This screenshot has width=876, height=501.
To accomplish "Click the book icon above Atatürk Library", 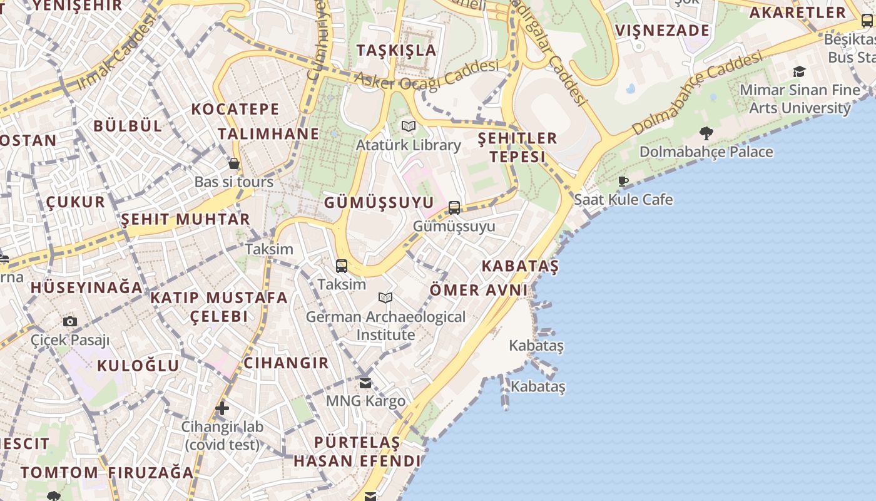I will [409, 127].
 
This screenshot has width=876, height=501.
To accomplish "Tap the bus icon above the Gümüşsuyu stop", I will [454, 208].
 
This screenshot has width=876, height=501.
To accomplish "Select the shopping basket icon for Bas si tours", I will [234, 163].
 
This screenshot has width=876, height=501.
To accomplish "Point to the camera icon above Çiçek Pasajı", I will [70, 321].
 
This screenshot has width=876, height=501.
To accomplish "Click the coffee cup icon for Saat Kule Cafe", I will [623, 182].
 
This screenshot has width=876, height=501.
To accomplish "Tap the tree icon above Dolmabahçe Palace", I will [706, 133].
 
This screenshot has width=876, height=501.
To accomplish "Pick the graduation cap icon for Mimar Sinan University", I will [799, 71].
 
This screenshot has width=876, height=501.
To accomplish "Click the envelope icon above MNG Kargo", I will [365, 383].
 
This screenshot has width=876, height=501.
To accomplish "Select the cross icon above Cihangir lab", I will [222, 409].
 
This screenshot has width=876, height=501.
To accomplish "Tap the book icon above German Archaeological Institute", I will [385, 297].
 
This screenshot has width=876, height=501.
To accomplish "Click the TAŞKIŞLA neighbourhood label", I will [397, 50].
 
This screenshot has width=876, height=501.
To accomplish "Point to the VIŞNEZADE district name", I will [663, 31].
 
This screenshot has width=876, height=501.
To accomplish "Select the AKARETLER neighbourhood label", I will [797, 13].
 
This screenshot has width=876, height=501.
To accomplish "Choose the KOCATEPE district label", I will [235, 109].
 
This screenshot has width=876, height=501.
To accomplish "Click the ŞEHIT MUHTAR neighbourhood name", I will [185, 219].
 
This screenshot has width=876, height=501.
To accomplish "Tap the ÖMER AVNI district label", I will [479, 290].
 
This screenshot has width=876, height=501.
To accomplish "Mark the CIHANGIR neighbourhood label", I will [286, 363].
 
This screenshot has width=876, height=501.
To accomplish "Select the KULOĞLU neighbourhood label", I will [138, 366].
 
